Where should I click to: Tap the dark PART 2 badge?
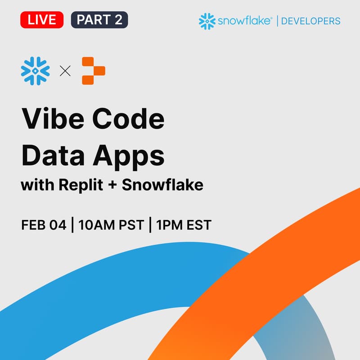click(99, 20)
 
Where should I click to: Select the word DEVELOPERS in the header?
click(310, 21)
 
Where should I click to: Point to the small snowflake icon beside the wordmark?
click(207, 21)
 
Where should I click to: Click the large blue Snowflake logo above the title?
click(35, 71)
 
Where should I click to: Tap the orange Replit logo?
click(93, 71)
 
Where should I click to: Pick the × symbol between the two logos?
click(65, 71)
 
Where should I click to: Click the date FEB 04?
click(43, 225)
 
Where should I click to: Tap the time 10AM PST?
click(111, 225)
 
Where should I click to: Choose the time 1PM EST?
click(184, 225)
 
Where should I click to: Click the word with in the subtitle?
click(35, 185)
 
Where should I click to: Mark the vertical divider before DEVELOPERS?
click(276, 21)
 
